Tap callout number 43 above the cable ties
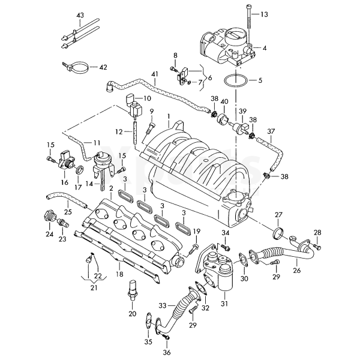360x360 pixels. [x=81, y=14]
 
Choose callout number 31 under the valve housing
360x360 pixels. [x=224, y=304]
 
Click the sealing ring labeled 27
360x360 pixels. [x=278, y=233]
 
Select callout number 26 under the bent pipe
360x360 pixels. [x=297, y=270]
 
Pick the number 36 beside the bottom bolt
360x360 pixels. [x=167, y=352]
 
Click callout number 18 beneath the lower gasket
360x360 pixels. [x=118, y=274]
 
